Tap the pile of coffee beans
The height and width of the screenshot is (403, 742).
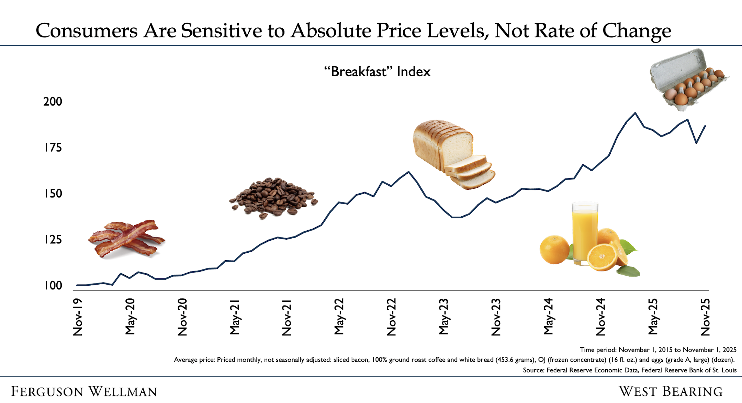point(273,197)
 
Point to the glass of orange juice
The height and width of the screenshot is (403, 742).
point(584,233)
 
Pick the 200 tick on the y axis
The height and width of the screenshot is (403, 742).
point(53,102)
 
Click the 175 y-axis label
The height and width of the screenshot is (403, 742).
point(53,148)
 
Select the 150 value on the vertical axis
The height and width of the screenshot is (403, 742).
point(53,194)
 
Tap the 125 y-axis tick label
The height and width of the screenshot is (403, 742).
point(53,240)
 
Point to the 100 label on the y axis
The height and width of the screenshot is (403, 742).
point(53,286)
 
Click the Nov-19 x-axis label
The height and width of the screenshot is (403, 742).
point(78,317)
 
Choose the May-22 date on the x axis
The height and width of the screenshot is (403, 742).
point(339,317)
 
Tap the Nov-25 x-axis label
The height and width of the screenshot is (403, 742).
point(705,317)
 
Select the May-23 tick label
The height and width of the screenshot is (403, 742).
point(444,317)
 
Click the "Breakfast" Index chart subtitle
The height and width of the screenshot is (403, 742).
point(377,72)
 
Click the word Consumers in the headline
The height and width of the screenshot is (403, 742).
point(87,31)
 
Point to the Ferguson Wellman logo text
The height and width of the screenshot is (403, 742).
point(84,392)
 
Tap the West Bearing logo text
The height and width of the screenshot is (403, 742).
point(671,392)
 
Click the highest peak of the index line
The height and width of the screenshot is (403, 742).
point(635,113)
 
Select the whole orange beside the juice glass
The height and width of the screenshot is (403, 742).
point(554,250)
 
